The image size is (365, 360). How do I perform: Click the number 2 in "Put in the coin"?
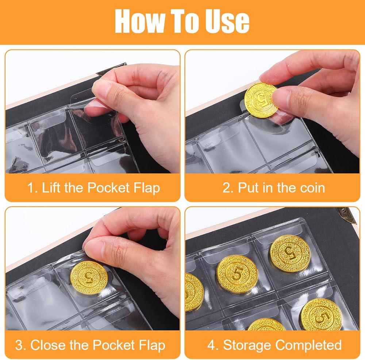(x=226, y=188)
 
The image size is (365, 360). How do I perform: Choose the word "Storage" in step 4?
(x=248, y=345)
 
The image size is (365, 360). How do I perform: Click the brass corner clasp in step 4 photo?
(x=347, y=214)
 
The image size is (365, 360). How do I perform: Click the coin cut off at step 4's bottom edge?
(x=266, y=325)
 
